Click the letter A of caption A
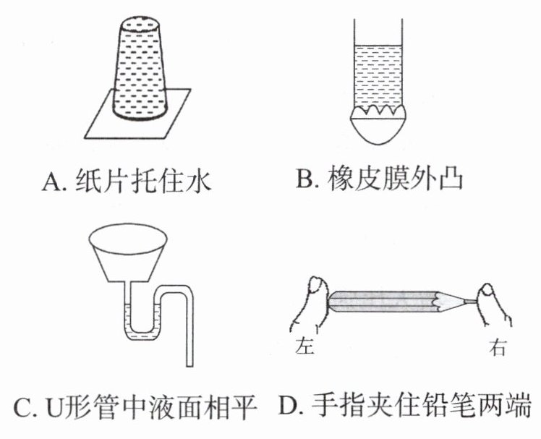51,182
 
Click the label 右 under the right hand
498,347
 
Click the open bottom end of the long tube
189,365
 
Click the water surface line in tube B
378,46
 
